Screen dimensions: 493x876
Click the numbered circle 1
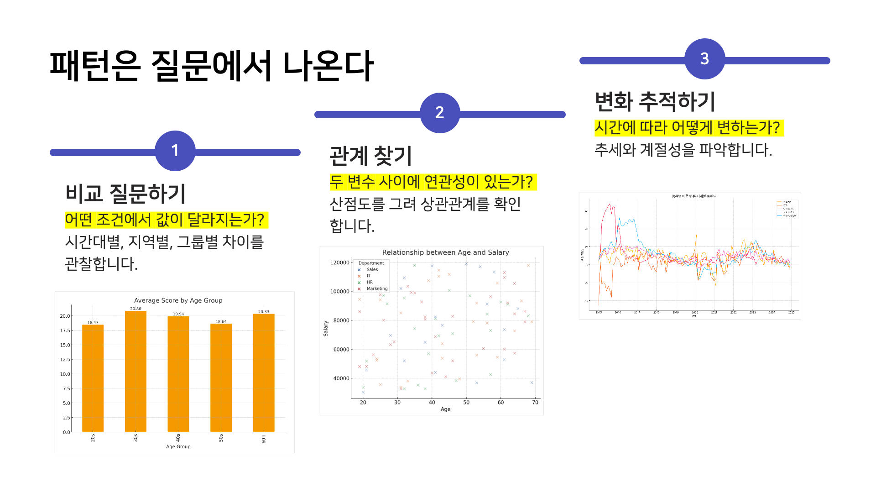point(175,151)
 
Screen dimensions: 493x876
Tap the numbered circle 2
point(440,113)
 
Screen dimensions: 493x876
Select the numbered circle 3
point(704,59)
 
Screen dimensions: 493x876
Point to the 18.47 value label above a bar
point(93,322)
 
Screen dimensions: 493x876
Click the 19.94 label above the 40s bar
point(178,314)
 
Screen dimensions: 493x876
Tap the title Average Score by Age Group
point(178,300)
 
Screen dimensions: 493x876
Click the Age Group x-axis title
point(178,446)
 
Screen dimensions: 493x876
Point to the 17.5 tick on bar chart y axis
point(65,330)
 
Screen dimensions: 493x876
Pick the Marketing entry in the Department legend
point(377,288)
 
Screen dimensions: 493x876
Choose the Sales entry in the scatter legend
point(372,269)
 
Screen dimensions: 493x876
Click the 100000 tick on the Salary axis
point(339,291)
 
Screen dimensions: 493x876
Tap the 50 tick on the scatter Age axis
point(466,402)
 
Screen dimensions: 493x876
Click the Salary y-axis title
point(326,329)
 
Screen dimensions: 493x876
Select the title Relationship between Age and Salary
point(445,252)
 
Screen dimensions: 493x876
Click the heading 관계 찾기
point(371,156)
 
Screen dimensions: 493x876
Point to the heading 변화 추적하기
point(655,101)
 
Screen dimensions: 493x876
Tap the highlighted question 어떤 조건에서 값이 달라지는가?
point(165,220)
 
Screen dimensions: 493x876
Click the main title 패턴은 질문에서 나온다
point(211,66)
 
